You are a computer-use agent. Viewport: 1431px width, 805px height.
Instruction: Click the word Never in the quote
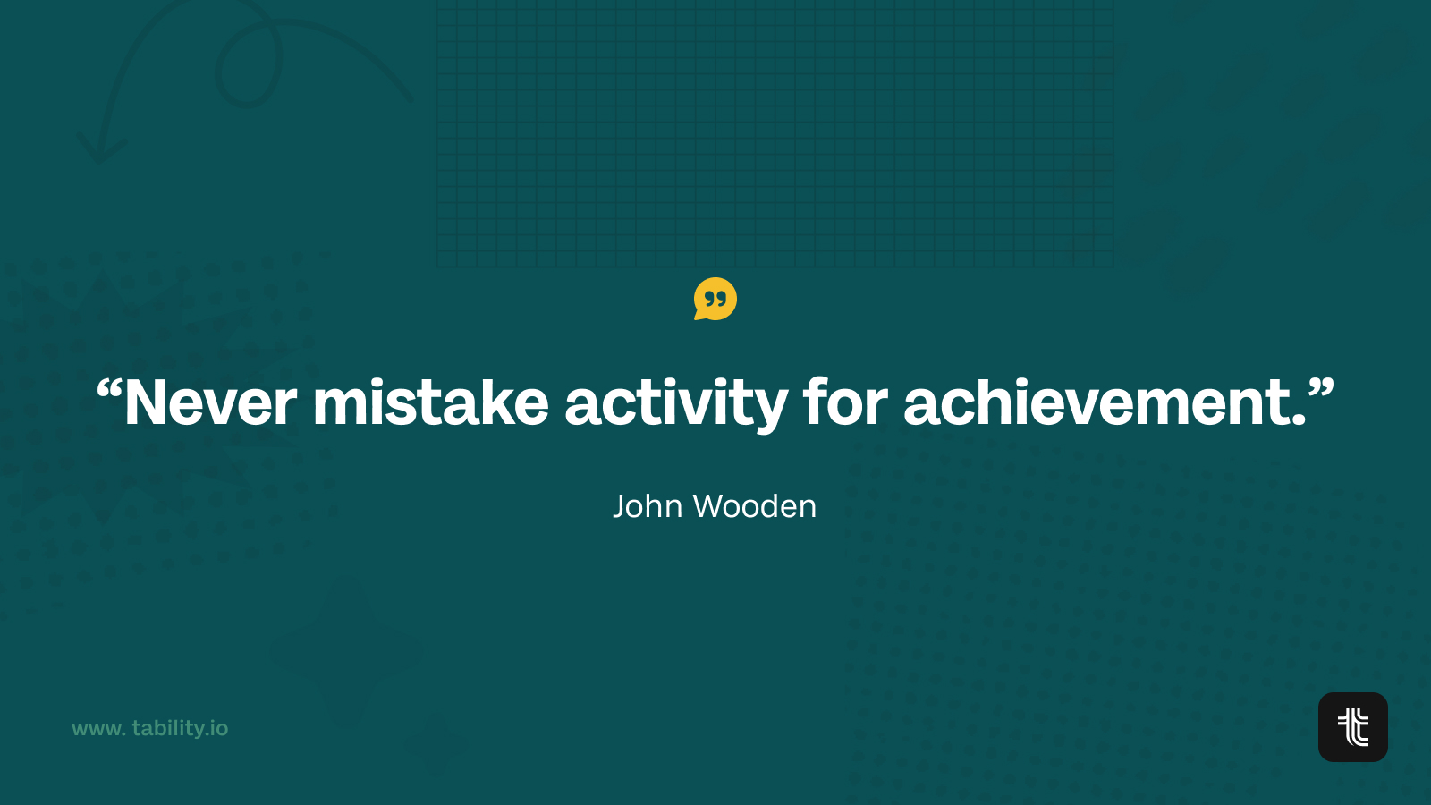click(x=211, y=402)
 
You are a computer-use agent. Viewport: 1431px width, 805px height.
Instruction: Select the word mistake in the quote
click(x=430, y=402)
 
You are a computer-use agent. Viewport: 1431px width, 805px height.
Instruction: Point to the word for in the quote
click(x=845, y=402)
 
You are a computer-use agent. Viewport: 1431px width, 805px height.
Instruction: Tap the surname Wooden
click(x=755, y=506)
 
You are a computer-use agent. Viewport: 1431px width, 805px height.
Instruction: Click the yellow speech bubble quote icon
click(x=715, y=299)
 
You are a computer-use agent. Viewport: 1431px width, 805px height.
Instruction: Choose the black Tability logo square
click(x=1353, y=727)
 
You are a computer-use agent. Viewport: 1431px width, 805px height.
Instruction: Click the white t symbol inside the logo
click(x=1353, y=727)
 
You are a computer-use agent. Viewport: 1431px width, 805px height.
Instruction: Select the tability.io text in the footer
click(x=180, y=728)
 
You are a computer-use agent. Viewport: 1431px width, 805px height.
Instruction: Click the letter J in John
click(x=621, y=506)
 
